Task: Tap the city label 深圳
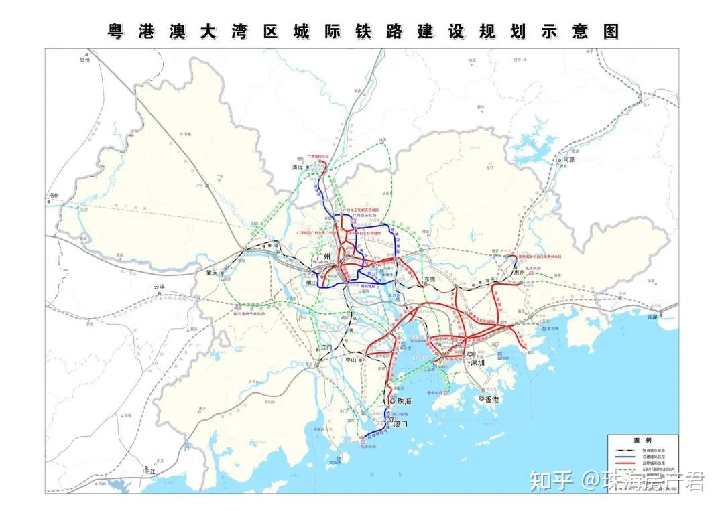click(477, 362)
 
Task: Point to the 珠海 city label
click(404, 401)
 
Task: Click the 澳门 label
click(401, 424)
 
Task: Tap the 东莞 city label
click(430, 279)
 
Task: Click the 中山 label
click(351, 360)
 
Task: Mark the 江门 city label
click(326, 347)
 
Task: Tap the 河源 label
click(570, 161)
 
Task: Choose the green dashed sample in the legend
click(626, 471)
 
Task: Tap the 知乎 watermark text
click(552, 481)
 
